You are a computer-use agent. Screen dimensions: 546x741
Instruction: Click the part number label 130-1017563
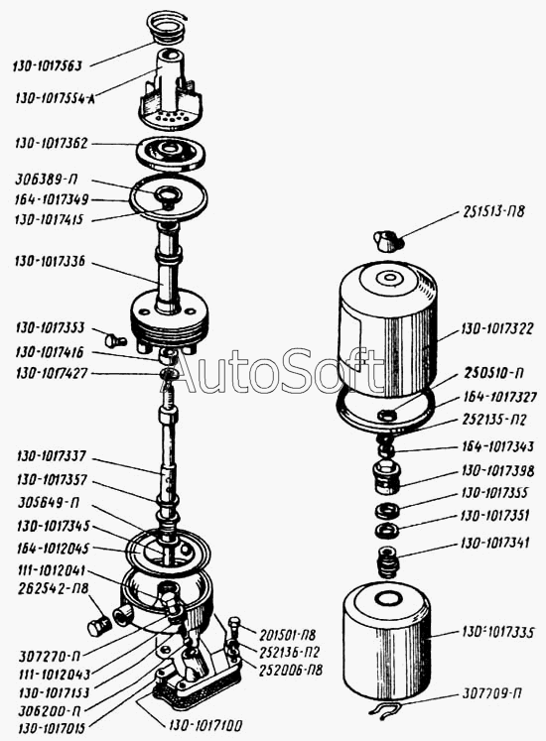click(x=48, y=65)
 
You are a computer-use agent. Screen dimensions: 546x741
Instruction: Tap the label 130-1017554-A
click(x=55, y=98)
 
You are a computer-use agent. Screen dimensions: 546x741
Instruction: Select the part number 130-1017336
click(x=51, y=261)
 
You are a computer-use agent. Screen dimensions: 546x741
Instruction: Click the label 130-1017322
click(x=497, y=328)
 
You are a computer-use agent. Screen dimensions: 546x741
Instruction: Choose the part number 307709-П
click(x=492, y=693)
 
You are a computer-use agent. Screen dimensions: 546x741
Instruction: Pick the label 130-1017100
click(x=204, y=725)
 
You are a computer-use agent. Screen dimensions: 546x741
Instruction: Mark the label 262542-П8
click(x=54, y=589)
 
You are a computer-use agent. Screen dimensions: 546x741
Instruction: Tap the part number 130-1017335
click(x=497, y=632)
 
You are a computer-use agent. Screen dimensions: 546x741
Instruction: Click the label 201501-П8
click(x=288, y=635)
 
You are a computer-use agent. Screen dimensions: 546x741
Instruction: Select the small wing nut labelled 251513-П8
click(x=388, y=240)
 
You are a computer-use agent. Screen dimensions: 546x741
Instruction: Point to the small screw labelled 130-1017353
click(x=114, y=339)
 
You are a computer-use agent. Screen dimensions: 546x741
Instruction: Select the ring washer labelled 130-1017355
click(x=387, y=511)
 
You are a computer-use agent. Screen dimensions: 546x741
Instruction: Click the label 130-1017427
click(x=52, y=373)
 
